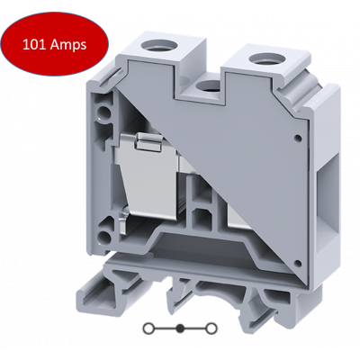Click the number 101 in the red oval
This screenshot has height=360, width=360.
pyautogui.click(x=34, y=45)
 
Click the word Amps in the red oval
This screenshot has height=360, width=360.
pyautogui.click(x=68, y=45)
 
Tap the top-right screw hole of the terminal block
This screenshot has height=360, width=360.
pyautogui.click(x=261, y=58)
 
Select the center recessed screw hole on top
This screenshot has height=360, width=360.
pyautogui.click(x=207, y=86)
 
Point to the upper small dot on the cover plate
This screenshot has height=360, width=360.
pyautogui.click(x=298, y=139)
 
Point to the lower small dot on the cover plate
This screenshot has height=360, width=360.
pyautogui.click(x=298, y=263)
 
